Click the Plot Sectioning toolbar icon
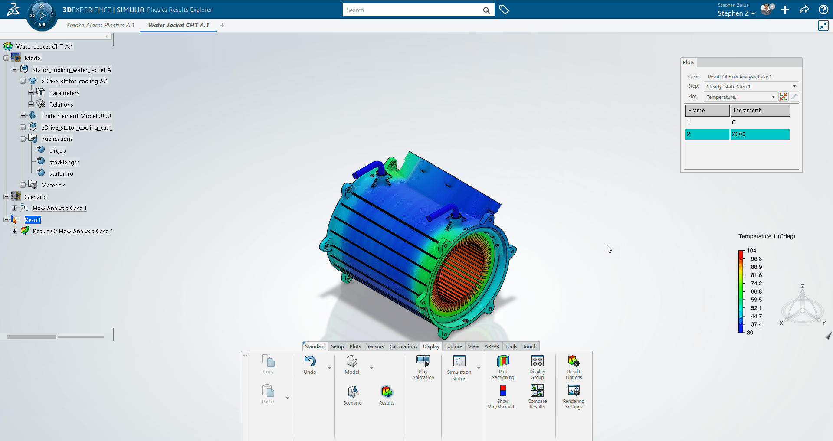pos(503,362)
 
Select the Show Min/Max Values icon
pos(503,391)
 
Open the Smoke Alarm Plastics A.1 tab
pos(101,25)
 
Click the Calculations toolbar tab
pos(403,346)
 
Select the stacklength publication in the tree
pos(64,162)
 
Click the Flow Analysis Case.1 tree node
pos(59,208)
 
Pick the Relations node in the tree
pos(61,105)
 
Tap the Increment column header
pos(760,111)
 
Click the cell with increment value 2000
pos(759,134)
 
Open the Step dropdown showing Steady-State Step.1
pos(751,87)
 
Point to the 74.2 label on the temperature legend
pos(756,284)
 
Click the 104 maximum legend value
pos(751,251)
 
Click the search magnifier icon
pos(486,10)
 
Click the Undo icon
pos(310,362)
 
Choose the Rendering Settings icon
pos(574,391)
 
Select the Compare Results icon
pos(537,391)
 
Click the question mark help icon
pos(823,10)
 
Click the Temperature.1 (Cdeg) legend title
pos(767,236)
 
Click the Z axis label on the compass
pos(802,286)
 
